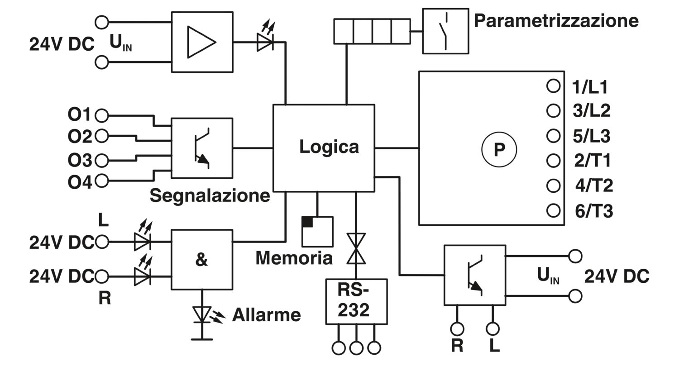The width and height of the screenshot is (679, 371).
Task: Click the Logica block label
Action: click(329, 147)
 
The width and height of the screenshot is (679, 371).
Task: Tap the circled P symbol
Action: click(499, 149)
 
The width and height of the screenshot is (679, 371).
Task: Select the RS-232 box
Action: click(356, 302)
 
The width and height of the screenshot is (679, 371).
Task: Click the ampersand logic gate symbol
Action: click(201, 260)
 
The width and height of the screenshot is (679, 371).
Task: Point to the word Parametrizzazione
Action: click(556, 21)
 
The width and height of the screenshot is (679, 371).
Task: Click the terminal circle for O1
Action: click(101, 115)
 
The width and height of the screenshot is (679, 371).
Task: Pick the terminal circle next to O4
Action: click(101, 181)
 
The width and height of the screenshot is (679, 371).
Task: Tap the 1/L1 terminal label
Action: click(590, 87)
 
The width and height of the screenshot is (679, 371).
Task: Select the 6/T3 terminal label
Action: click(594, 211)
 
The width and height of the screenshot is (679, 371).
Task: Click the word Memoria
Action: click(294, 258)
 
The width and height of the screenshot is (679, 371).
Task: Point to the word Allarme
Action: click(267, 315)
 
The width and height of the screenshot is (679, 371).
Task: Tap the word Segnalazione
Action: click(210, 196)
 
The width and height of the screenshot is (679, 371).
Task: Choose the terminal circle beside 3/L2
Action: click(553, 110)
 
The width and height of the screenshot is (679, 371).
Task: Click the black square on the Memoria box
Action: click(307, 222)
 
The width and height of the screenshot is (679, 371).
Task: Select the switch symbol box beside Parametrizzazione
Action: click(445, 31)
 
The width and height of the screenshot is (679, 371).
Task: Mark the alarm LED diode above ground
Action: click(202, 314)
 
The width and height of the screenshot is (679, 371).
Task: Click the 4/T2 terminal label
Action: click(594, 185)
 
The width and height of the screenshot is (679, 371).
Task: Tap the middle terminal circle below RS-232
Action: click(356, 348)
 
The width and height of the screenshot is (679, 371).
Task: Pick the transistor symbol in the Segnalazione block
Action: click(202, 148)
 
